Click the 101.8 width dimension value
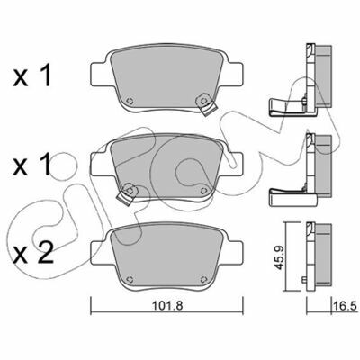tap(167, 306)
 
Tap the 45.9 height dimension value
tap(280, 257)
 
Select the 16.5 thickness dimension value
tap(345, 306)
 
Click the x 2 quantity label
tap(33, 255)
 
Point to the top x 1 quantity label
tap(32, 76)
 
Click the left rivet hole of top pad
tap(130, 101)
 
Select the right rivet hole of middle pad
tap(203, 190)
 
